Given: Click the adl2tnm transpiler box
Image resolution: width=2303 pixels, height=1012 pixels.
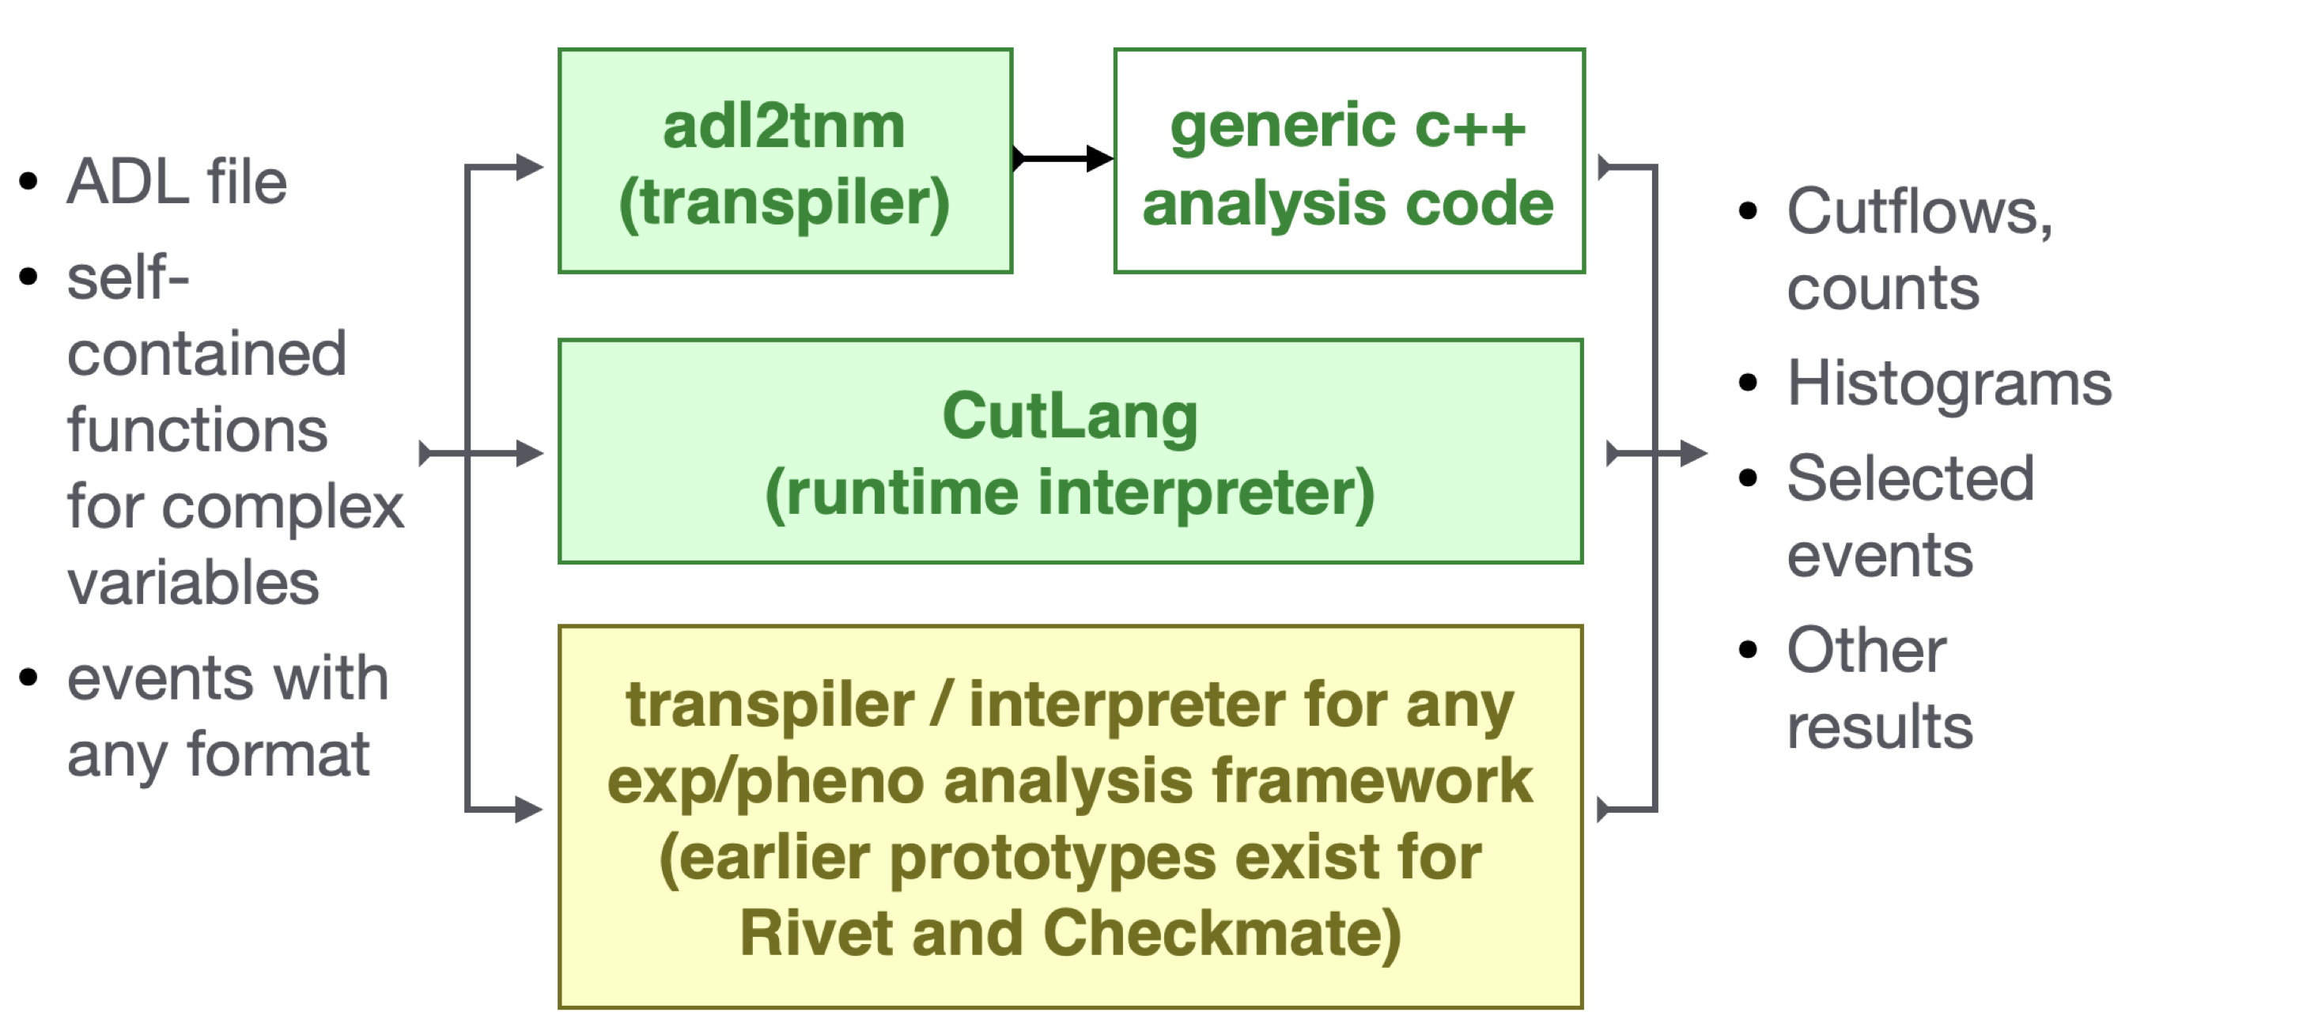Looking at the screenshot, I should click(785, 161).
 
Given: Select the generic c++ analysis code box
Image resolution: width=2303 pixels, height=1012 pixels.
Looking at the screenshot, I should click(1348, 161).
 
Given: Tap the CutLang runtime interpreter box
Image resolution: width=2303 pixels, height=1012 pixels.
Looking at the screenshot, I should click(1070, 451).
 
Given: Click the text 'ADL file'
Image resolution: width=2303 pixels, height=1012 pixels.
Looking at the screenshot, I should click(177, 182).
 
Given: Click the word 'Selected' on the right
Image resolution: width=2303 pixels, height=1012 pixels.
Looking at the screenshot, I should click(1911, 478).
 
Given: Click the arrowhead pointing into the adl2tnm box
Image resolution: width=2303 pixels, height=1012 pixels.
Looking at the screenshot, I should click(531, 167).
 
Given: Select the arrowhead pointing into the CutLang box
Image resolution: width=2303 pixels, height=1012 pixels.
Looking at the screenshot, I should click(531, 453).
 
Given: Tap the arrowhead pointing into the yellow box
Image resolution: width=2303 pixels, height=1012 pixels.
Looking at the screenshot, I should click(531, 810).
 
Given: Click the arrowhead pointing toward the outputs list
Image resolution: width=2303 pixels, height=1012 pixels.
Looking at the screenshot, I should click(1693, 453).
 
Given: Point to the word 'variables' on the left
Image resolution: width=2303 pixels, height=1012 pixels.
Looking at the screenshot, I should click(193, 583).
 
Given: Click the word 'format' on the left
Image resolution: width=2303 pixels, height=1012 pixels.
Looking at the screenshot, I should click(278, 754).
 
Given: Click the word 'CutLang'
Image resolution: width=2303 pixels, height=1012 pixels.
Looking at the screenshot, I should click(1070, 417).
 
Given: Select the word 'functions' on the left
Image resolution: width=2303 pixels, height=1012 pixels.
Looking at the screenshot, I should click(198, 430).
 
